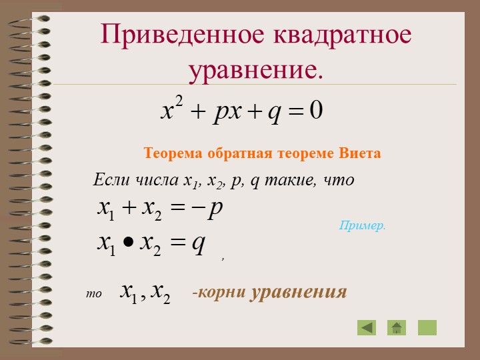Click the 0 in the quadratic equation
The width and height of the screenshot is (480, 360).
point(316,110)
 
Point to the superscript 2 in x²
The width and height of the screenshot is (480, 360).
point(179,101)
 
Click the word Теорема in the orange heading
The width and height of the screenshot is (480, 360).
point(173,153)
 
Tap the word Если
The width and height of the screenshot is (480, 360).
point(111,179)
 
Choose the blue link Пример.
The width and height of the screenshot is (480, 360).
point(363,225)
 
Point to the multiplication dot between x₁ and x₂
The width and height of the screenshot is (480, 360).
point(128,242)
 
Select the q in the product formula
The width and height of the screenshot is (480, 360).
point(199,244)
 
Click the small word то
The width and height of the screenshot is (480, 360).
point(94,293)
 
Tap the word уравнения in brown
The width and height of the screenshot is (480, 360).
point(299,293)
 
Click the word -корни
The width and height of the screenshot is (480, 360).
point(219,292)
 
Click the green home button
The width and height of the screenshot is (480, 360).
point(397,327)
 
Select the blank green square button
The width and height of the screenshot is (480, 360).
point(427,327)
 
